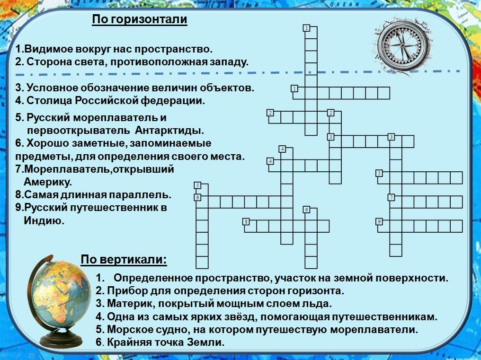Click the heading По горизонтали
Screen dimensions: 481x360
point(140,19)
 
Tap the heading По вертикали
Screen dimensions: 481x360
point(124,260)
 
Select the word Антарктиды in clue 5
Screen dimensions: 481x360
point(169,130)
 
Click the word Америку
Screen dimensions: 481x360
point(47,182)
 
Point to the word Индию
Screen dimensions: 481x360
point(44,220)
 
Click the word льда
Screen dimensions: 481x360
point(318,304)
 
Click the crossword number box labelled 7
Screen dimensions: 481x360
point(391,197)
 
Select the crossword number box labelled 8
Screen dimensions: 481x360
point(246,221)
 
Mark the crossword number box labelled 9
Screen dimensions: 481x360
point(380,221)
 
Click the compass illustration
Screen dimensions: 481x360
point(402,46)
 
